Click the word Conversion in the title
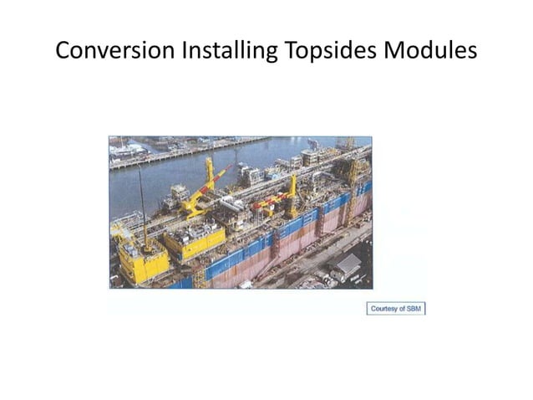pyautogui.click(x=107, y=51)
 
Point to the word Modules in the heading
pyautogui.click(x=430, y=51)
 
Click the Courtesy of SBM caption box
pyautogui.click(x=396, y=308)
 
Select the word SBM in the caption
pyautogui.click(x=414, y=308)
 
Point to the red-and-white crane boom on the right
pyautogui.click(x=272, y=201)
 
